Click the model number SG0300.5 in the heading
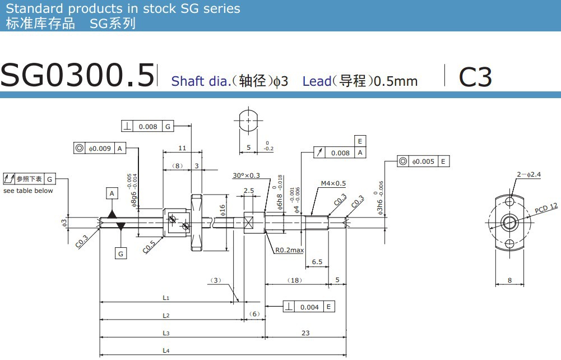(x=77, y=75)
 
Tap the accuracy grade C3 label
(x=475, y=77)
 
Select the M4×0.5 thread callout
(x=333, y=183)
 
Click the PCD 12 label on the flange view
(x=546, y=208)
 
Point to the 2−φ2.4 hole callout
(x=528, y=174)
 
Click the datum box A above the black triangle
(x=112, y=193)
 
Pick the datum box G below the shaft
(x=120, y=254)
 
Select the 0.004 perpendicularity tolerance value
(x=309, y=307)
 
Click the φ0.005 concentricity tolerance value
(x=423, y=161)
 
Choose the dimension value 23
(x=305, y=333)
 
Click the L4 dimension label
(x=166, y=350)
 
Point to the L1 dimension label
(x=166, y=298)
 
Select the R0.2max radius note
(x=289, y=250)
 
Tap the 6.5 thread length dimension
(x=317, y=262)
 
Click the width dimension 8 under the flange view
(x=509, y=280)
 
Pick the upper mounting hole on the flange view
(x=509, y=201)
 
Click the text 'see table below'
(x=28, y=191)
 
